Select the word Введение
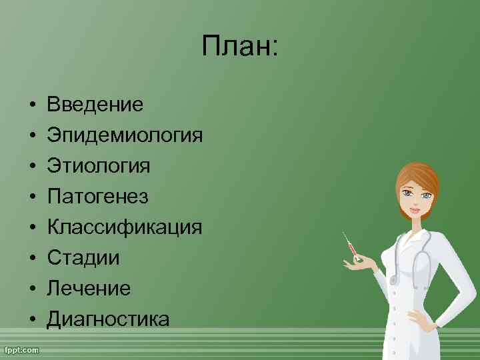(x=95, y=104)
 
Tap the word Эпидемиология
(x=125, y=135)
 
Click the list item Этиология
(x=98, y=165)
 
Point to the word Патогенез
(x=97, y=196)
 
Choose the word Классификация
(x=124, y=227)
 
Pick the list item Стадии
(x=83, y=257)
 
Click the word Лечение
(x=88, y=288)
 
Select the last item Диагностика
(x=108, y=319)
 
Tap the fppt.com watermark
(x=21, y=349)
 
